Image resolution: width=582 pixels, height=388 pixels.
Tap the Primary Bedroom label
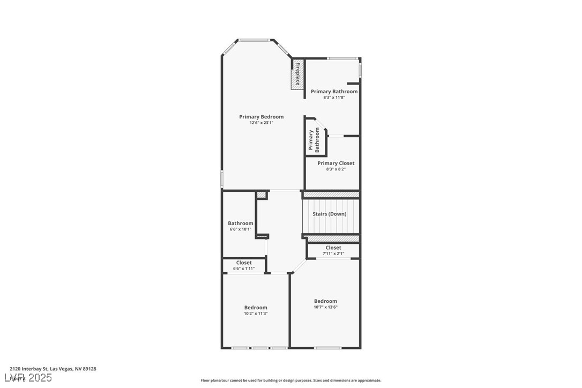pyautogui.click(x=262, y=117)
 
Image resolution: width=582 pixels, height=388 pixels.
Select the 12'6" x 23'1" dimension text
pyautogui.click(x=262, y=123)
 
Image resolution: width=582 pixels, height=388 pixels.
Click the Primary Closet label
pyautogui.click(x=336, y=163)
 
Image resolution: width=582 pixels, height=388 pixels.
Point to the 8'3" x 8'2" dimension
pyautogui.click(x=336, y=169)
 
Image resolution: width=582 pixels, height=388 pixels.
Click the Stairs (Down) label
pyautogui.click(x=330, y=214)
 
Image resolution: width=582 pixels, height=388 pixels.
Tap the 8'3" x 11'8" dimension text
pyautogui.click(x=334, y=98)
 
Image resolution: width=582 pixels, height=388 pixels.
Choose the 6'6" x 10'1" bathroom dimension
pyautogui.click(x=241, y=229)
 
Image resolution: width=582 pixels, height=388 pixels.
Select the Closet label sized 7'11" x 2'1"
pyautogui.click(x=333, y=248)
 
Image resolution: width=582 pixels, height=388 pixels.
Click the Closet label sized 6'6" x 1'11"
pyautogui.click(x=244, y=263)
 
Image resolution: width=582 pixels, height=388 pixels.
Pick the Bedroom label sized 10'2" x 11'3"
pyautogui.click(x=256, y=308)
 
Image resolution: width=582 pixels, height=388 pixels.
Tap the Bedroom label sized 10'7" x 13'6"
pyautogui.click(x=326, y=301)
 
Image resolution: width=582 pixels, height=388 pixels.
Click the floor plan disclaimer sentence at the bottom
pyautogui.click(x=291, y=380)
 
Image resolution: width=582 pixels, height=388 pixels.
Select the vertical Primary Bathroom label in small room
pyautogui.click(x=314, y=141)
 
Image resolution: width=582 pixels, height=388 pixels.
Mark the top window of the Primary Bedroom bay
pyautogui.click(x=255, y=40)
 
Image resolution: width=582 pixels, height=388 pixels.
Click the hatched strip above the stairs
pyautogui.click(x=331, y=195)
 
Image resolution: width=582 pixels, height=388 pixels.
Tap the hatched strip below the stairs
pyautogui.click(x=331, y=238)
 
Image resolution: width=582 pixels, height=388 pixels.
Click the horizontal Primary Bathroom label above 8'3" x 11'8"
pyautogui.click(x=334, y=92)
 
